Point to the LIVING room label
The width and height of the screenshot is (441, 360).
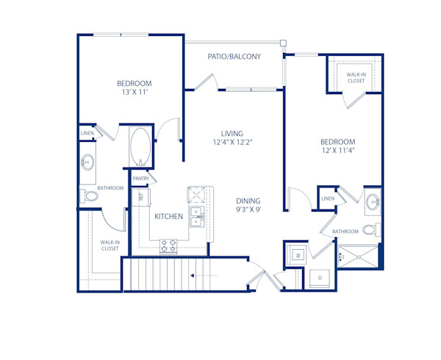coord(227,133)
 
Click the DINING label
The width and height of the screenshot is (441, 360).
coord(248,201)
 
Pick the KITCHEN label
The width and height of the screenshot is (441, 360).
coord(168,217)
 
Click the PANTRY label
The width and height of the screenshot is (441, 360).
coord(141,179)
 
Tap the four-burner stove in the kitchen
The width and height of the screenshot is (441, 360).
coord(168,245)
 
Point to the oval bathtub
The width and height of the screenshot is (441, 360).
coord(140,147)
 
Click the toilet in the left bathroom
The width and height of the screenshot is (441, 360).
coord(90,197)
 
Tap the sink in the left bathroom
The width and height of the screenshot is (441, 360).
coord(89,161)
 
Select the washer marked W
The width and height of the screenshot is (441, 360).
coord(298,255)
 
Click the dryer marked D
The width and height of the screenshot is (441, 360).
coord(320,278)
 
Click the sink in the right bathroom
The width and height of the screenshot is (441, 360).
coord(373,201)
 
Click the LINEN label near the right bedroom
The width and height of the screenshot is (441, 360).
coord(328,198)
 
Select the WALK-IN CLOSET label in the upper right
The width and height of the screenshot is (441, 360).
coord(356,78)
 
